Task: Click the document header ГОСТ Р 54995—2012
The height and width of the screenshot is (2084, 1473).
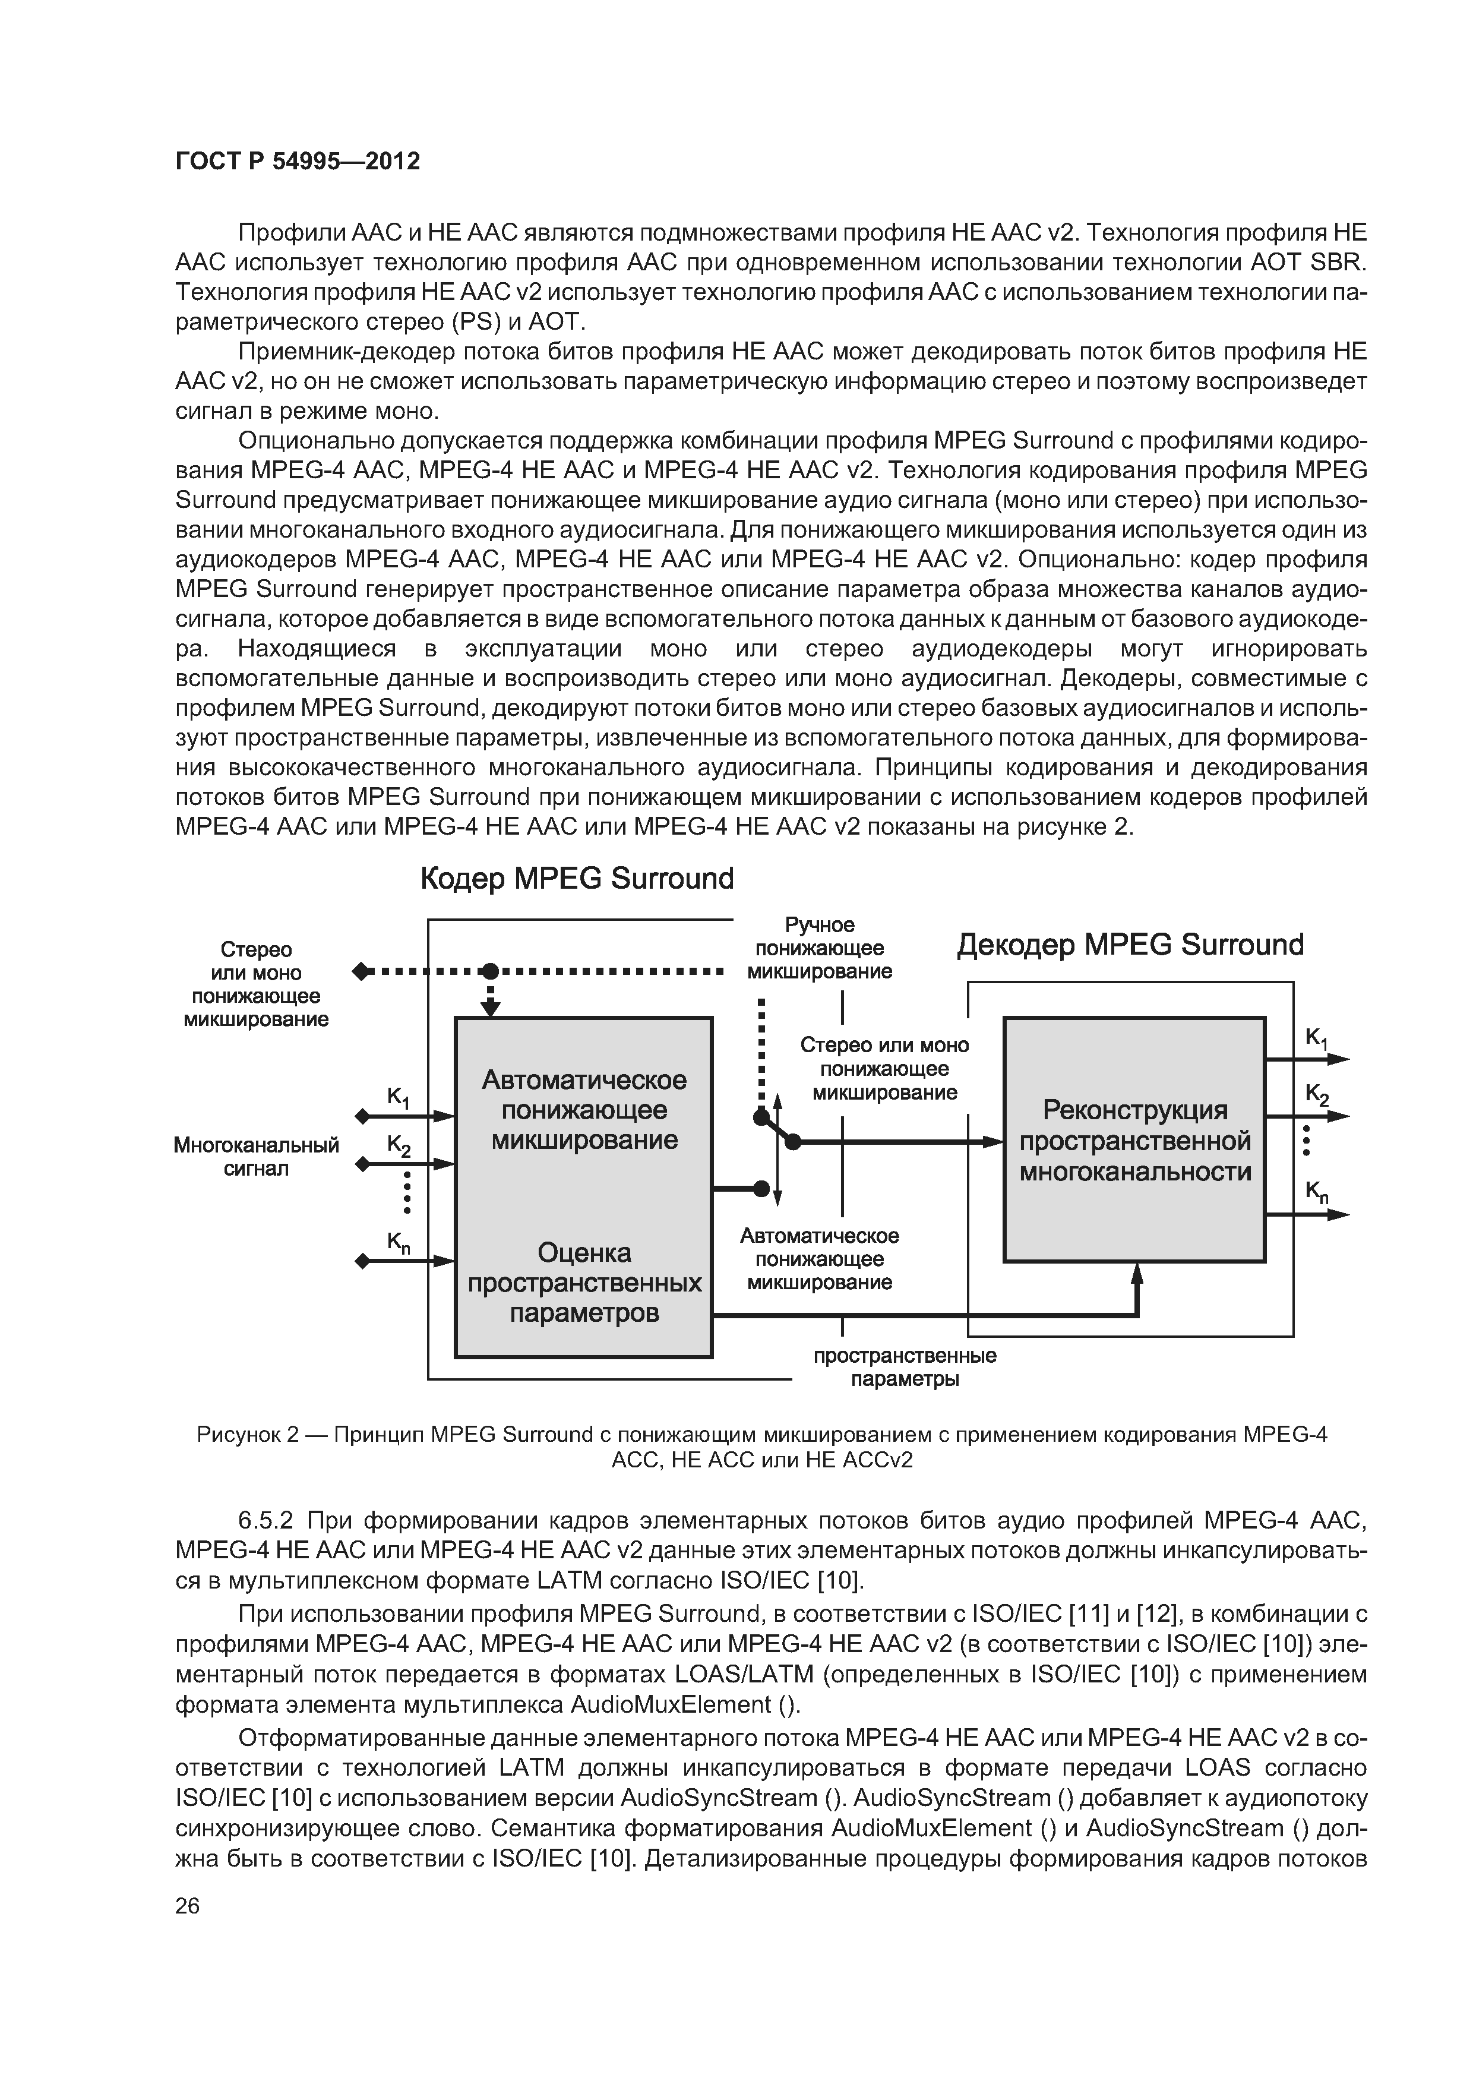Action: click(x=298, y=162)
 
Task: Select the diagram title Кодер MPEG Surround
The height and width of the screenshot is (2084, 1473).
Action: click(x=577, y=879)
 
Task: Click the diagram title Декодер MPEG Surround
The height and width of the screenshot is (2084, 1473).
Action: click(x=1130, y=945)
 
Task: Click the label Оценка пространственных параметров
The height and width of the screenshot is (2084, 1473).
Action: click(x=584, y=1283)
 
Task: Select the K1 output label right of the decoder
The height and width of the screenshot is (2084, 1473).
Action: click(x=1316, y=1038)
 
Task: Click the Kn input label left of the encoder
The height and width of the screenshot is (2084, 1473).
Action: click(x=399, y=1243)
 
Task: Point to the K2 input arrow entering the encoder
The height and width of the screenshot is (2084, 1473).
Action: click(x=431, y=1164)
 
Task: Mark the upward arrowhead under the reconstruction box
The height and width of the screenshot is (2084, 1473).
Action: click(x=1136, y=1274)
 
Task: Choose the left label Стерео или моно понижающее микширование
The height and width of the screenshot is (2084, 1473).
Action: click(x=256, y=985)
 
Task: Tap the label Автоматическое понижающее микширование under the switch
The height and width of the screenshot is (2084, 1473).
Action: click(x=820, y=1259)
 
